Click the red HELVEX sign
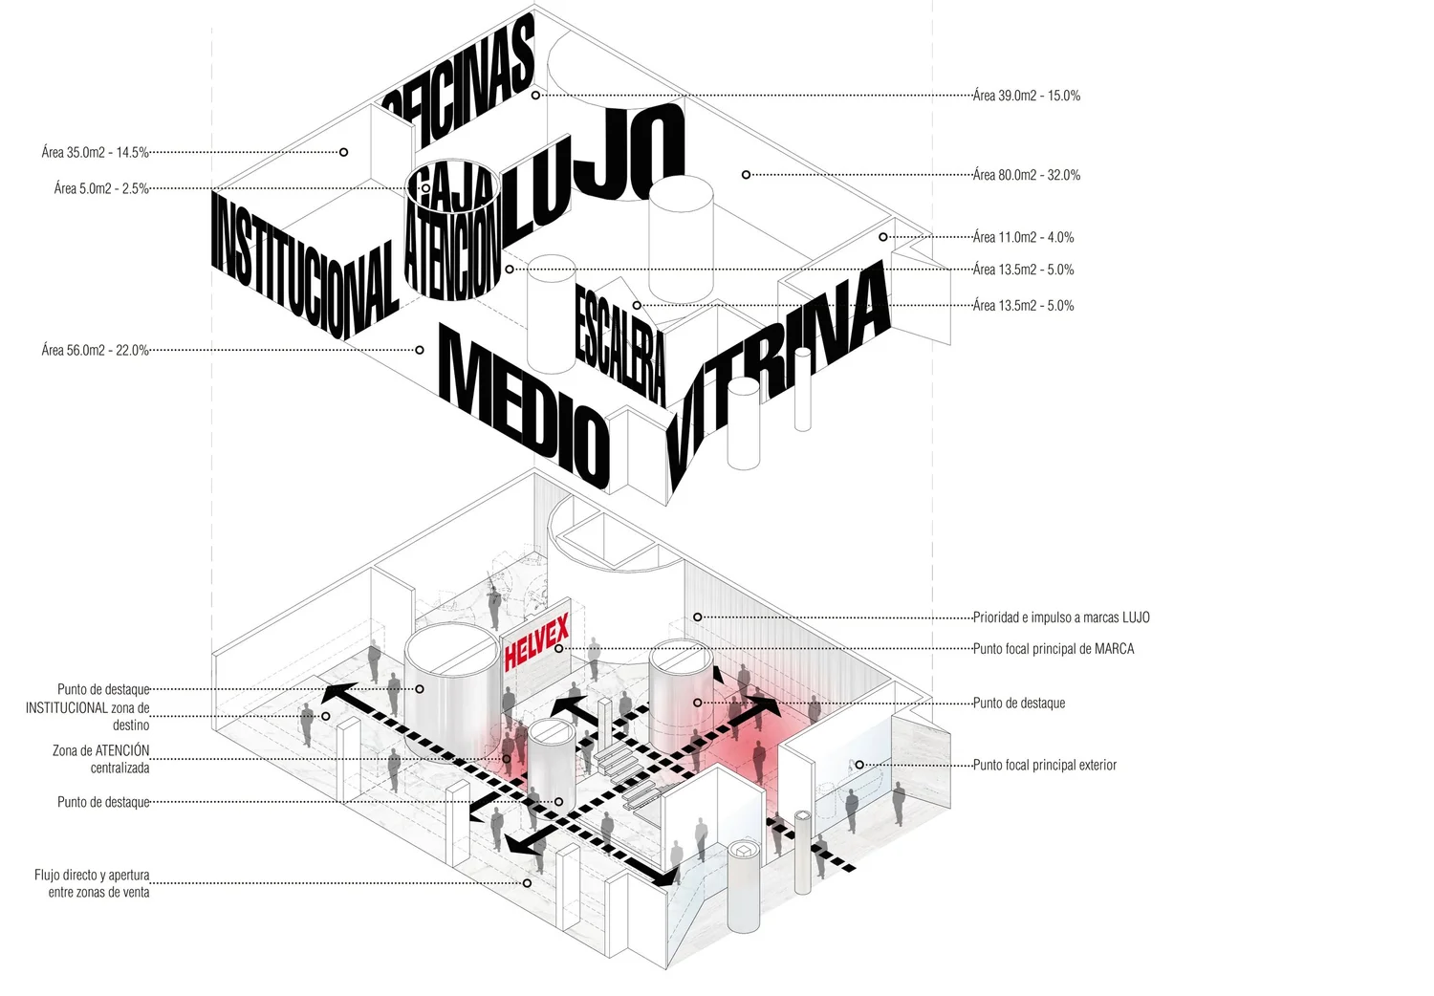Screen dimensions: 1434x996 (536, 641)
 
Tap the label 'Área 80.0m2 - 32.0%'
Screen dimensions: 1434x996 (1027, 175)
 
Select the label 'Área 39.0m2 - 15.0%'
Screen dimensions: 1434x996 (1027, 96)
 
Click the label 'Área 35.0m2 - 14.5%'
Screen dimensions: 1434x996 (95, 152)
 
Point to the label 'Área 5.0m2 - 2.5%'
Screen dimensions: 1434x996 (101, 188)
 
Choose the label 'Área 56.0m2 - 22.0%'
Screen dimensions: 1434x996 (95, 350)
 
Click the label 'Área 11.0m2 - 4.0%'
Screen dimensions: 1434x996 (1023, 237)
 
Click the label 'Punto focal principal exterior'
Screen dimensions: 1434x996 (1044, 765)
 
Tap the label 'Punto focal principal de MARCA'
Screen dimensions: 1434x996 (1054, 648)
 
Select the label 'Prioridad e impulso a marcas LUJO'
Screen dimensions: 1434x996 (1061, 617)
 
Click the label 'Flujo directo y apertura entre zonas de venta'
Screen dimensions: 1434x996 (92, 883)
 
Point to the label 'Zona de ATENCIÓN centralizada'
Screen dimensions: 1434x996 (101, 759)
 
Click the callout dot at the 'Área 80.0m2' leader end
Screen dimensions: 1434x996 (746, 175)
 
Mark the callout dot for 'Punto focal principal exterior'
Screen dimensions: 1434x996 (859, 765)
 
